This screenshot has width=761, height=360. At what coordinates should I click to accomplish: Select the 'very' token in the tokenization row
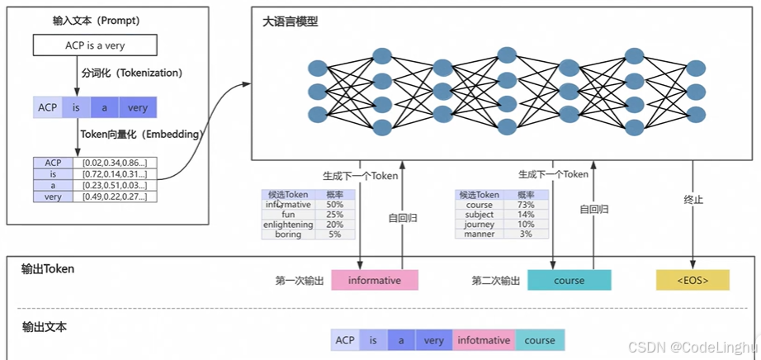click(137, 107)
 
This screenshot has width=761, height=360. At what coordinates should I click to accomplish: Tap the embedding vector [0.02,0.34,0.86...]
click(115, 163)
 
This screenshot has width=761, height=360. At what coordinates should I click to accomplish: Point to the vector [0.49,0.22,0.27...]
click(115, 197)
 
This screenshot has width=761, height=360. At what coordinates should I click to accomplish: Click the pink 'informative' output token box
click(375, 280)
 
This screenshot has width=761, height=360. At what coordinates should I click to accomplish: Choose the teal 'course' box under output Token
click(570, 280)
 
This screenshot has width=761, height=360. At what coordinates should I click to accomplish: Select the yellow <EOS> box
click(692, 280)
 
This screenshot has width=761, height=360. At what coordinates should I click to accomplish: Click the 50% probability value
click(334, 204)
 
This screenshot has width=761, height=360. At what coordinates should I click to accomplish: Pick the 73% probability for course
click(526, 205)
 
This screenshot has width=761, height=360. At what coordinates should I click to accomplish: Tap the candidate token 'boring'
click(288, 234)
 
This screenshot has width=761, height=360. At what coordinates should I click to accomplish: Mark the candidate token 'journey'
click(480, 225)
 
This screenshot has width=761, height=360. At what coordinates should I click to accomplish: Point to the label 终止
click(693, 200)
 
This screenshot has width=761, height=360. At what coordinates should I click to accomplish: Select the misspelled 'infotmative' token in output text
click(483, 339)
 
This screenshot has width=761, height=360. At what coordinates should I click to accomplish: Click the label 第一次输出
click(299, 281)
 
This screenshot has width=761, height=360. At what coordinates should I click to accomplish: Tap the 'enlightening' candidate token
click(288, 225)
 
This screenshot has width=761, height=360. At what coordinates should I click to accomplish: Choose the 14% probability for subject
click(526, 215)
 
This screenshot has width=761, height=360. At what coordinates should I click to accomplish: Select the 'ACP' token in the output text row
click(345, 339)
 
